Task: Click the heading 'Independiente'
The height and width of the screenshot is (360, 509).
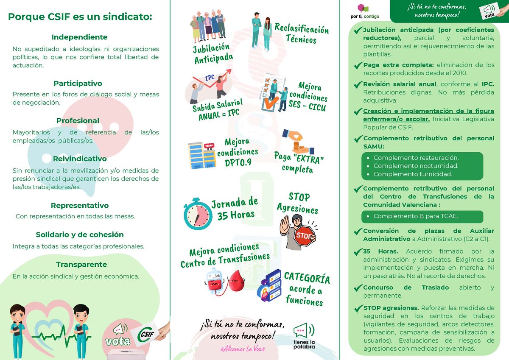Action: point(79,37)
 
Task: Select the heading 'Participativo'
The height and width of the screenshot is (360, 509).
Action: point(78,84)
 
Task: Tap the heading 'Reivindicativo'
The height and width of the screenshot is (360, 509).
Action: point(80,159)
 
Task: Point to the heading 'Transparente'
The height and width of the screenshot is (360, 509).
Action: point(81,265)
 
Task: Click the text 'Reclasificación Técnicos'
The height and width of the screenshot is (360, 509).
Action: point(301,34)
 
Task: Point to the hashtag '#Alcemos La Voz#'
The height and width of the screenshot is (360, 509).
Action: point(242,347)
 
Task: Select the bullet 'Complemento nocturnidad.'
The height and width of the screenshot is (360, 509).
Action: point(416,166)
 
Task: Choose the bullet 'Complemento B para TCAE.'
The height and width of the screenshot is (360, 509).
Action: point(416,216)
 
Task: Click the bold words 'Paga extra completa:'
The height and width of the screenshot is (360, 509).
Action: point(398,65)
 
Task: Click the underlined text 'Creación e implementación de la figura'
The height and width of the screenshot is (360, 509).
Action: point(428,111)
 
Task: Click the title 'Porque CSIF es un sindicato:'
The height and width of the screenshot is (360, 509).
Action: point(80,17)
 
